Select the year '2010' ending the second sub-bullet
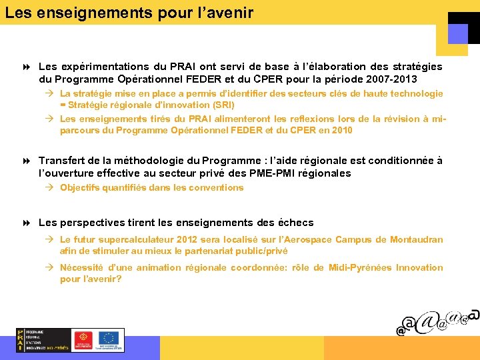pyautogui.click(x=341, y=130)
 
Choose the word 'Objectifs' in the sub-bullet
pyautogui.click(x=79, y=187)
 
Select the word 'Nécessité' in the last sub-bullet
pyautogui.click(x=83, y=267)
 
